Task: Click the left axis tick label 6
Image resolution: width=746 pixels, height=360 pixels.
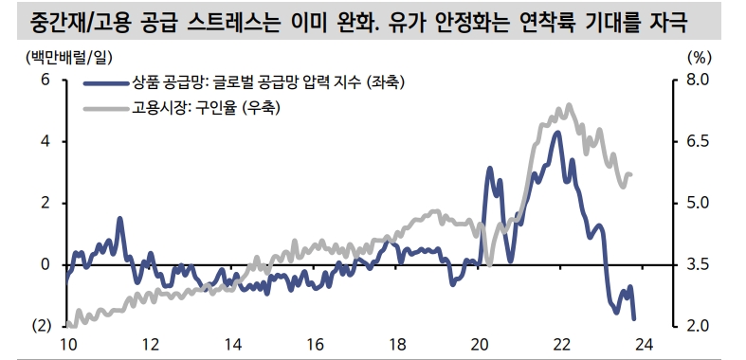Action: click(45, 81)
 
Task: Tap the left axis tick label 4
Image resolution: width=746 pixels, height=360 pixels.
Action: click(45, 141)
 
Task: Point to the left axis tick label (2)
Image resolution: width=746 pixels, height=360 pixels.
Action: click(39, 326)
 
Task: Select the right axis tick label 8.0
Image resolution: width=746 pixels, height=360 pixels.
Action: click(698, 81)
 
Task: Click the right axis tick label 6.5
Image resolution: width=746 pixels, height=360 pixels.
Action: click(698, 141)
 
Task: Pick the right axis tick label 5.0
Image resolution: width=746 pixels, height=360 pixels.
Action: click(698, 203)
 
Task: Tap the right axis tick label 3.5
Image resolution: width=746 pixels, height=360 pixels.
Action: click(698, 264)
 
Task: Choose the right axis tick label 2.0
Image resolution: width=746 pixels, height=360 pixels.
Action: click(698, 326)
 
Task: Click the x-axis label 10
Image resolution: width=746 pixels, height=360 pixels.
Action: click(67, 345)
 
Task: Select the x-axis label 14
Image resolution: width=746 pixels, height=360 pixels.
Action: click(231, 345)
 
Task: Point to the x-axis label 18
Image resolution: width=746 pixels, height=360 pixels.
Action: click(397, 345)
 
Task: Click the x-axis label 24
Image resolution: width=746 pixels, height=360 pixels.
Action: click(645, 345)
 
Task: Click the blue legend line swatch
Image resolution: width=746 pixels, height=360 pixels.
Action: click(107, 82)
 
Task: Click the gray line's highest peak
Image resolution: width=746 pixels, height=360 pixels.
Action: click(568, 105)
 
